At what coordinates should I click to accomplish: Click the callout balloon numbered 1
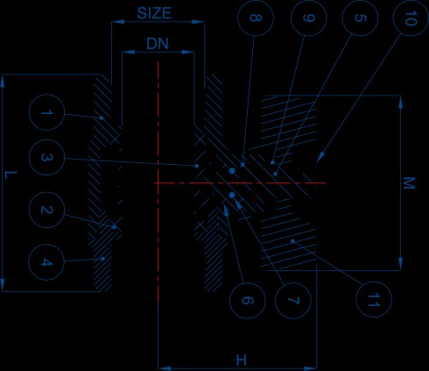coord(46,112)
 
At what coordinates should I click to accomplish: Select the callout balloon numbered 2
coord(46,210)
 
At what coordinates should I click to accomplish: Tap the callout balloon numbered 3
coord(46,158)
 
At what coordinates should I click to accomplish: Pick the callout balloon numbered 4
coord(46,262)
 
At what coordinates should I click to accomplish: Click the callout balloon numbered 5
coord(360,18)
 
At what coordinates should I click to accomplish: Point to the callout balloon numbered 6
coord(248,300)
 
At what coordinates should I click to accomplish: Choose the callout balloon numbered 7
coord(293,300)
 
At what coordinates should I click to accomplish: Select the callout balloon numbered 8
coord(256,18)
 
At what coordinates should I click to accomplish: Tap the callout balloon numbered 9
coord(309,18)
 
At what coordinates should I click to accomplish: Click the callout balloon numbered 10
coord(411,18)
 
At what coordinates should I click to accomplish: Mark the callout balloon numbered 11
coord(374,299)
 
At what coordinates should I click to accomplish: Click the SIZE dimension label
coord(154,13)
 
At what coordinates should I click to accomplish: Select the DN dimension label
coord(158,44)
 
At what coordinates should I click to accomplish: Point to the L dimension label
coord(11,175)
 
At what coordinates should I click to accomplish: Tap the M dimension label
coord(409,183)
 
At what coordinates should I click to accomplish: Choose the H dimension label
coord(242,360)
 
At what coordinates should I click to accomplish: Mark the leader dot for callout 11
coord(292,241)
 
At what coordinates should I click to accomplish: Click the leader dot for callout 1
coord(102,118)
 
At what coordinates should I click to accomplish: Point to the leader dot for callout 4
coord(102,259)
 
